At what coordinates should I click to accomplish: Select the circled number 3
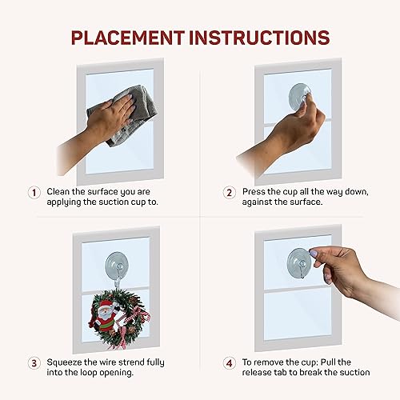tap(34, 362)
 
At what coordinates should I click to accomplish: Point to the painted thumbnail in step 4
tap(313, 254)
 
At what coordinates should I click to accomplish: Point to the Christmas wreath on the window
tap(118, 318)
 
